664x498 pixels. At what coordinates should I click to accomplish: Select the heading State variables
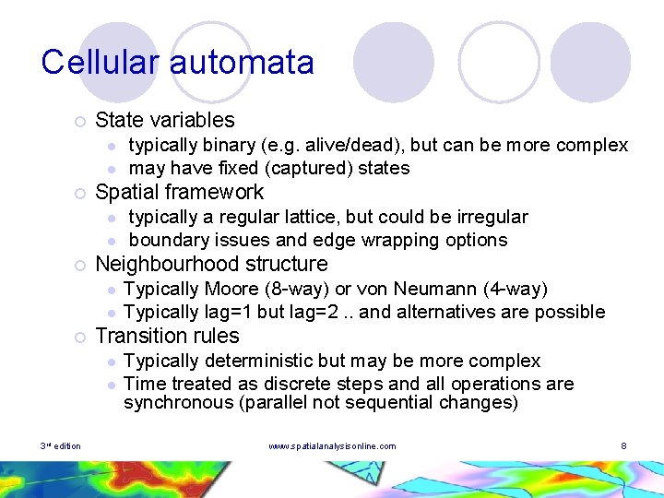164,120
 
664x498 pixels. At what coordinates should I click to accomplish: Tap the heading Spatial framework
179,192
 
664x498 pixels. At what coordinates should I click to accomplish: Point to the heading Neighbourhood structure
211,264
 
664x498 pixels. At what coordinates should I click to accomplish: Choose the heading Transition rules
167,336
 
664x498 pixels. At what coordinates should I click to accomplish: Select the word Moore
231,289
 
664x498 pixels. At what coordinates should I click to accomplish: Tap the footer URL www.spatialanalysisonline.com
331,446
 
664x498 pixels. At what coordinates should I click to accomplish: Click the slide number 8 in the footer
623,446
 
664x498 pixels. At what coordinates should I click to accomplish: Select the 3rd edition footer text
61,446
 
